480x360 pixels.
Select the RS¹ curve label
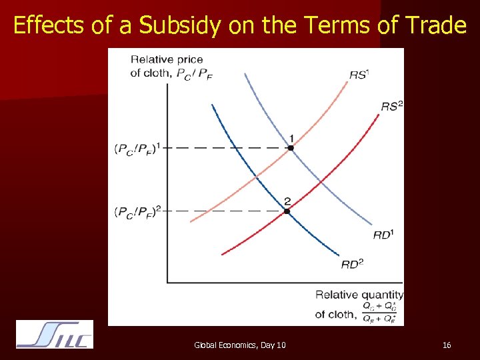pos(359,75)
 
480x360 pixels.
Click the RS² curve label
pos(392,106)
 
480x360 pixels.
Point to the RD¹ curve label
pos(383,234)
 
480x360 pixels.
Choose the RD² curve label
pos(352,264)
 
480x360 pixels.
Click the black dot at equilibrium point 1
pos(291,147)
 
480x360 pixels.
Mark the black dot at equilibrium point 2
pos(287,211)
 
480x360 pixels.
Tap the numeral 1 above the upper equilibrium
pos(291,138)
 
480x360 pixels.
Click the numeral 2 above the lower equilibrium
pos(287,201)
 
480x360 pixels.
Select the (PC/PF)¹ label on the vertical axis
pos(138,149)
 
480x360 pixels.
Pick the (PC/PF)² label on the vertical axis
pos(138,212)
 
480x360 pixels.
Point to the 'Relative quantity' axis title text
pos(359,295)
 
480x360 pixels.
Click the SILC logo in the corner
pos(55,334)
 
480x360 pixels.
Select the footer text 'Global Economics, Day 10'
pos(240,345)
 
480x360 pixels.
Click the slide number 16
pos(447,345)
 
